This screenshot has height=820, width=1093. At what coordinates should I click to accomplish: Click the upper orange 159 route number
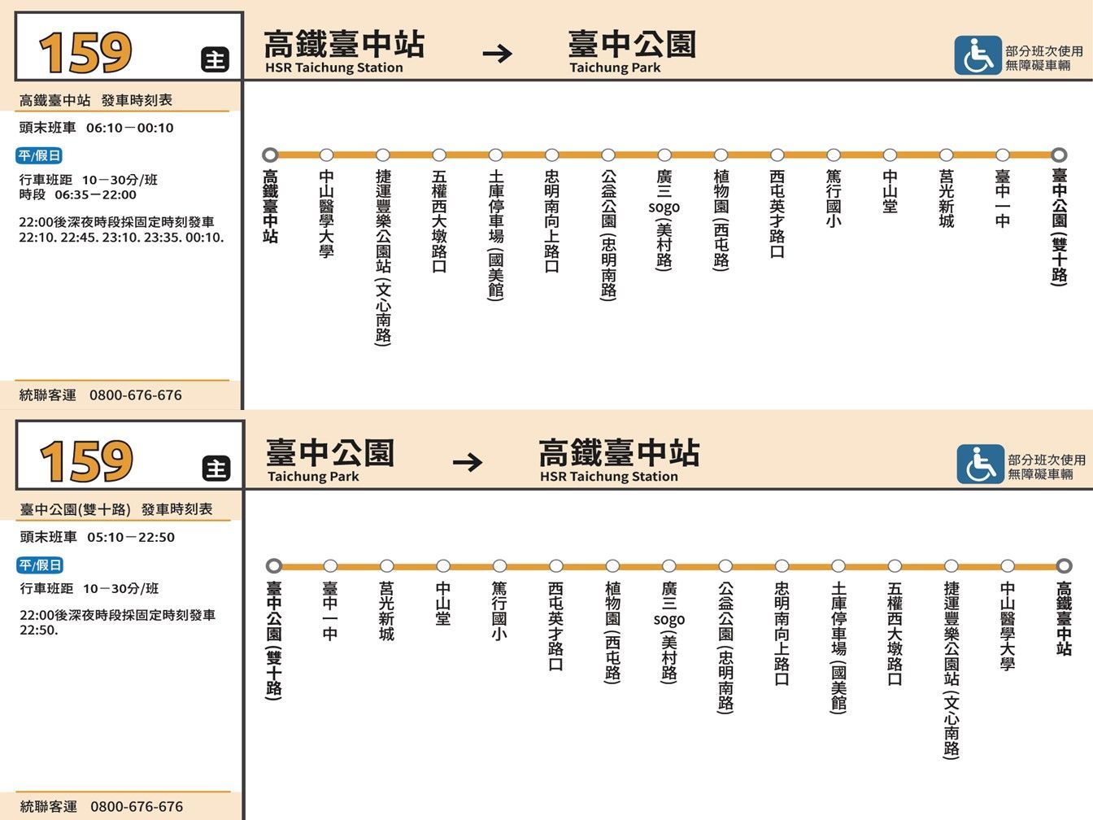tap(85, 52)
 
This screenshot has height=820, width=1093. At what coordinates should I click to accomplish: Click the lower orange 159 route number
tap(86, 461)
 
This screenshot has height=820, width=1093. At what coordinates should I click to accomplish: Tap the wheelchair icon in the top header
tap(978, 55)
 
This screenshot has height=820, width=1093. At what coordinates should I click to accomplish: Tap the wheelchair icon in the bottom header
tap(980, 464)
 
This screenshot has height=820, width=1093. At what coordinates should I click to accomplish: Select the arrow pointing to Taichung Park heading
tap(497, 53)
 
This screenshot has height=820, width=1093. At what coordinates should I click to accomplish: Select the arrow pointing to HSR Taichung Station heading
tap(468, 463)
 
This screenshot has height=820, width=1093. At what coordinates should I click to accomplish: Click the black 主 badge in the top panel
tap(216, 59)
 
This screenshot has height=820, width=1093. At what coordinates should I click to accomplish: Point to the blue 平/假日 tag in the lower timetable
tap(40, 565)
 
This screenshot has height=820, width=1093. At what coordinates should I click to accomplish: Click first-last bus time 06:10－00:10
tap(130, 128)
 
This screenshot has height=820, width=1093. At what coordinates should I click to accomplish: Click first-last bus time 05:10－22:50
tap(131, 537)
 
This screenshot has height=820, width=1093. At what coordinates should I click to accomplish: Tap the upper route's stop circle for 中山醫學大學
tap(326, 155)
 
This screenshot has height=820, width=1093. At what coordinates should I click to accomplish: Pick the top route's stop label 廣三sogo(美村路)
tap(664, 220)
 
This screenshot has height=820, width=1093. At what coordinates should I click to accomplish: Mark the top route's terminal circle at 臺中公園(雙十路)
tap(1059, 155)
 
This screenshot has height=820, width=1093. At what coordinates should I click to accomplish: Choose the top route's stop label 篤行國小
tap(834, 198)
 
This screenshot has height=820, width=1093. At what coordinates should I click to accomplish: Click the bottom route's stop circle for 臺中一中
tap(330, 565)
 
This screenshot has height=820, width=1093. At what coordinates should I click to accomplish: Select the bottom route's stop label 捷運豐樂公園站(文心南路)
tap(951, 670)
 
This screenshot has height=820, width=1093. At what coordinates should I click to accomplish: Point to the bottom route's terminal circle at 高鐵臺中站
tap(1063, 565)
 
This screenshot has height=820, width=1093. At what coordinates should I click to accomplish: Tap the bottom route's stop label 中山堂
tap(443, 604)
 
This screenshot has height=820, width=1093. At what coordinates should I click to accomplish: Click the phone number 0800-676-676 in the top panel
tap(136, 395)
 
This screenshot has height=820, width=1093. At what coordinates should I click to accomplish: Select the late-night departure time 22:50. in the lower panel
tap(39, 630)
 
